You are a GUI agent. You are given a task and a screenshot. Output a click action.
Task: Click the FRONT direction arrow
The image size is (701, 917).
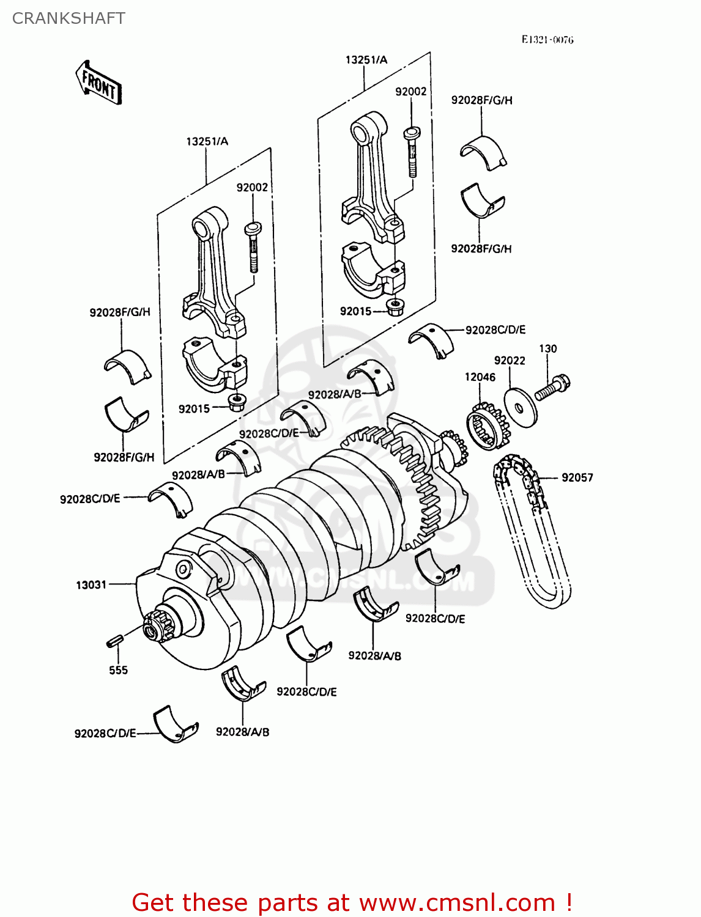coord(98,83)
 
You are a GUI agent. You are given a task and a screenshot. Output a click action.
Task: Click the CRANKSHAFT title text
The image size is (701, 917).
coord(69,18)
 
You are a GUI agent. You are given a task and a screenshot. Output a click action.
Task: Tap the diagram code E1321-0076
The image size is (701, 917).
coord(547,40)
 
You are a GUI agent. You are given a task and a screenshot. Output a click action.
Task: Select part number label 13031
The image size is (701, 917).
coord(91,585)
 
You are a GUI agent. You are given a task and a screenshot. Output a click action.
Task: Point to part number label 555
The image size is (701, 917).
coord(118,670)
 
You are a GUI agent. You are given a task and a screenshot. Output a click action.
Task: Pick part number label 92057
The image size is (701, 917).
coord(577,477)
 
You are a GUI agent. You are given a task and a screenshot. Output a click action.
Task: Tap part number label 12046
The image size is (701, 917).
coord(480,377)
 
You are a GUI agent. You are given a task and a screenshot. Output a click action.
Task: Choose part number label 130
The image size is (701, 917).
coord(547,348)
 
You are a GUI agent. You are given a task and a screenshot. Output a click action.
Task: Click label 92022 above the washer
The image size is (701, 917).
coord(510,361)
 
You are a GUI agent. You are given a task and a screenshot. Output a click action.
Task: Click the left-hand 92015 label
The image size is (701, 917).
coord(194,409)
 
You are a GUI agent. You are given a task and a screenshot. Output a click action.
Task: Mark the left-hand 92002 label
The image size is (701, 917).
coord(252,187)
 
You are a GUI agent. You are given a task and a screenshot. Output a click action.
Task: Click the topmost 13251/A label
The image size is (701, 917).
coord(366,59)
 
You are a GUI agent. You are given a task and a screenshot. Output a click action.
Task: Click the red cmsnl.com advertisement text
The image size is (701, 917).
coord(352,902)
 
